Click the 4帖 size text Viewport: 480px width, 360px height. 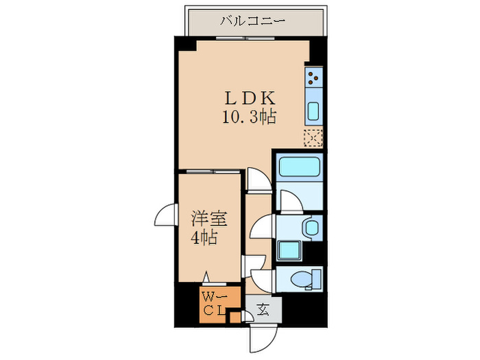tap(204, 239)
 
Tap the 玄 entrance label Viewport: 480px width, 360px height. tap(263, 310)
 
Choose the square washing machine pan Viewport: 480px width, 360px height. tap(289, 250)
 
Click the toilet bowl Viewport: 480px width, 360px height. tap(304, 278)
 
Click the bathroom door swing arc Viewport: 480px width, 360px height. tap(289, 200)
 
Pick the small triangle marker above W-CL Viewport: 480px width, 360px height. tap(206, 277)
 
